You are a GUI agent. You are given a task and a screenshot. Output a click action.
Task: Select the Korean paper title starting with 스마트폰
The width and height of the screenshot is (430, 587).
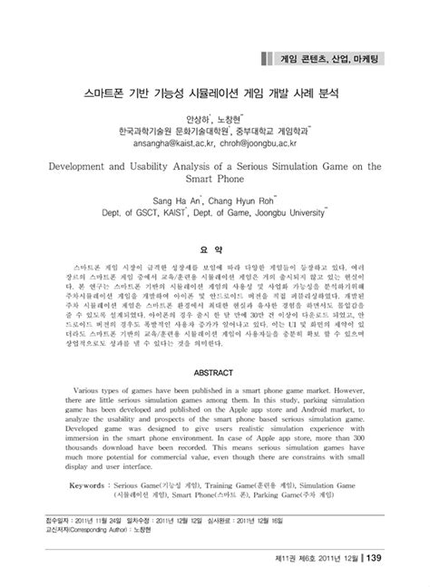(214, 93)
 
